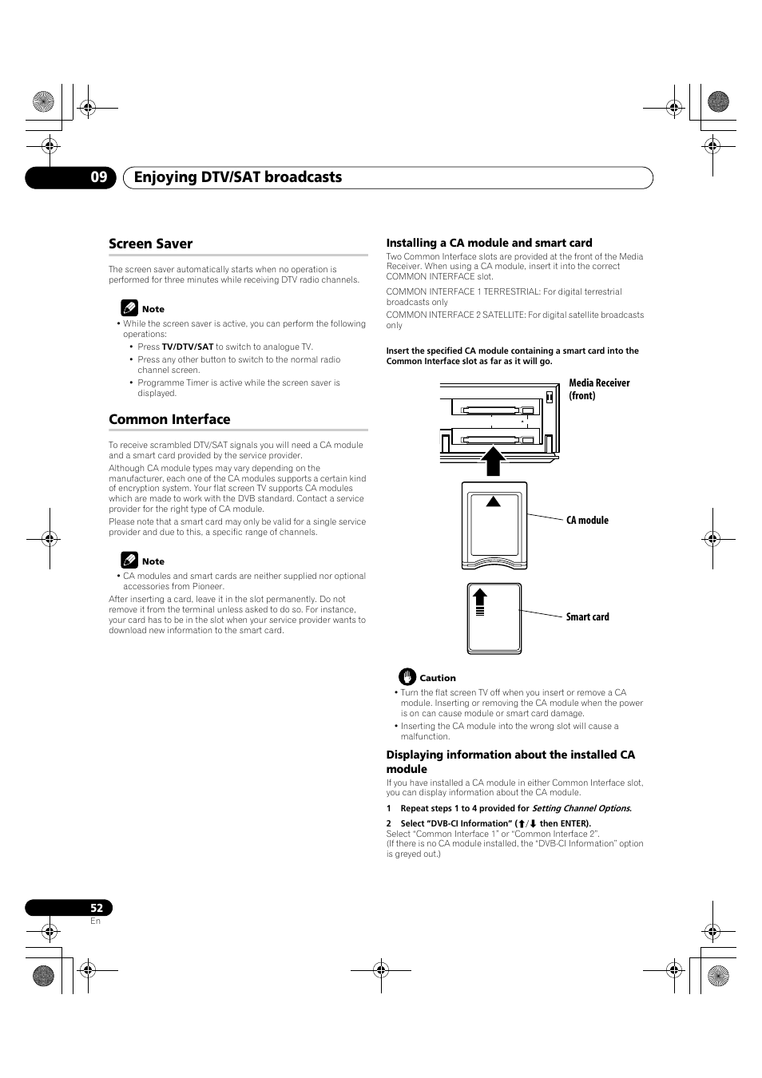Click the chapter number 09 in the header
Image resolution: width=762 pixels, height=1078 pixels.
click(x=98, y=177)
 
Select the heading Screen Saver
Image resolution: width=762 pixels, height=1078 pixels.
click(x=150, y=244)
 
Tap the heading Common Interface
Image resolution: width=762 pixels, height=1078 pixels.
click(x=169, y=419)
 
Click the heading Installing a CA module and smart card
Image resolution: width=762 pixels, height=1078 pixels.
click(x=489, y=243)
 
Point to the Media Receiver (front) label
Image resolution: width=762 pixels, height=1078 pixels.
click(x=599, y=389)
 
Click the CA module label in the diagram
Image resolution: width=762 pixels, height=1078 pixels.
click(x=587, y=520)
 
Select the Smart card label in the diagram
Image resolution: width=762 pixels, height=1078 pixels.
click(x=587, y=616)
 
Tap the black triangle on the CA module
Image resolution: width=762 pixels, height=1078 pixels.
click(x=494, y=501)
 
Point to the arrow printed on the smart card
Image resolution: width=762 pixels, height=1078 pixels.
click(x=480, y=600)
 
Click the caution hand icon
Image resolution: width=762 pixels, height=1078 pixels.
click(x=407, y=677)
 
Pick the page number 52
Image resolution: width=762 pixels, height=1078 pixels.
click(x=97, y=908)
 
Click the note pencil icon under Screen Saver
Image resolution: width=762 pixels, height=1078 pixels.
click(x=129, y=308)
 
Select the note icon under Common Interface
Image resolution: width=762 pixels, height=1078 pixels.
click(x=129, y=561)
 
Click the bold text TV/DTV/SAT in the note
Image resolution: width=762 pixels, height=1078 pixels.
click(x=188, y=347)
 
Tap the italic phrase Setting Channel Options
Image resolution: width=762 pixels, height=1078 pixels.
click(x=581, y=808)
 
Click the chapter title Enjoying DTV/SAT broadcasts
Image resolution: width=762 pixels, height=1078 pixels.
click(x=238, y=177)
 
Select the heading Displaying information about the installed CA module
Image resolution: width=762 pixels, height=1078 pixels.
click(x=510, y=762)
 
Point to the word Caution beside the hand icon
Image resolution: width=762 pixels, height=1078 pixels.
click(x=438, y=678)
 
